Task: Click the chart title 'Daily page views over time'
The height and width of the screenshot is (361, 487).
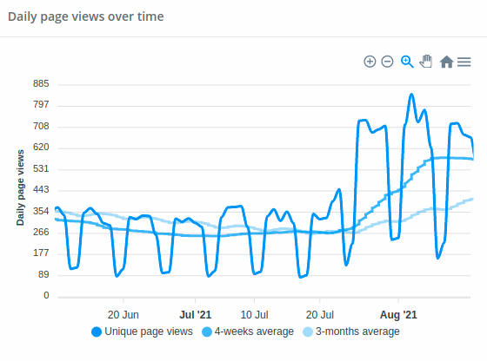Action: [x=86, y=16]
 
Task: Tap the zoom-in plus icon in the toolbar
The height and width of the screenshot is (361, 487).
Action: [x=370, y=62]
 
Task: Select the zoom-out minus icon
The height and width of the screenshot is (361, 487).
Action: [x=387, y=62]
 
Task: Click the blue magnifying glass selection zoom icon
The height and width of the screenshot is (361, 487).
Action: [x=407, y=62]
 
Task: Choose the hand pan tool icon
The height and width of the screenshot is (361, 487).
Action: [x=426, y=62]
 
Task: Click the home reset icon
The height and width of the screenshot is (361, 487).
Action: [x=446, y=62]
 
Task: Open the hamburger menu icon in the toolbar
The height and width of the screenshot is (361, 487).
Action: [x=464, y=62]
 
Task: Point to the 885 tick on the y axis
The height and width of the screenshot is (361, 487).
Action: [x=41, y=83]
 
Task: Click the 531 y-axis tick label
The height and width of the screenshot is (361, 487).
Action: [x=41, y=169]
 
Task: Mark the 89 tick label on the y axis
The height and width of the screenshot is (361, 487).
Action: [x=43, y=274]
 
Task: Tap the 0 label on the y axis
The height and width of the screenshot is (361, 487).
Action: [x=46, y=295]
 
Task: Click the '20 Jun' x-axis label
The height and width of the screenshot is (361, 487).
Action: [x=123, y=315]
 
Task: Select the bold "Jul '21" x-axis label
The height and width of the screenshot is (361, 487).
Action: [x=196, y=315]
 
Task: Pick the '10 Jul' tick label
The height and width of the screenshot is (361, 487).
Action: [x=254, y=315]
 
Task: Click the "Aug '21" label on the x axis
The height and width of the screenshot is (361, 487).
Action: [x=398, y=315]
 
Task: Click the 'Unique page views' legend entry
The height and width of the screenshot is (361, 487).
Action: [x=143, y=331]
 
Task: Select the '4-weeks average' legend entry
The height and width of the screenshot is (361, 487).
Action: [x=248, y=331]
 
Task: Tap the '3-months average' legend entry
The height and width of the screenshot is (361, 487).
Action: [x=351, y=331]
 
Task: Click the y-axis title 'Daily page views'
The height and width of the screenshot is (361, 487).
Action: [x=20, y=187]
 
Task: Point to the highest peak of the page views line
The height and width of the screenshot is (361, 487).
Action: [x=411, y=94]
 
